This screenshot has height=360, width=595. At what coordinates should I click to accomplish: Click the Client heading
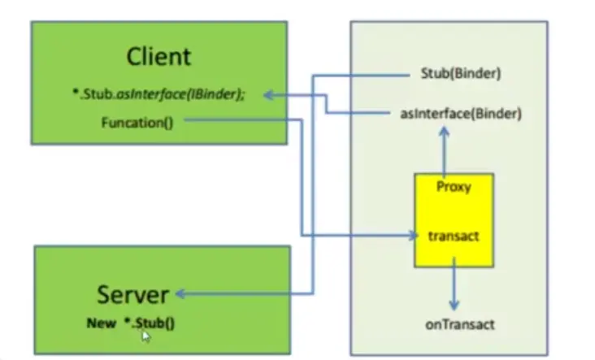[x=159, y=56]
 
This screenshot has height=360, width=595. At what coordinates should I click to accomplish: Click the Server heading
[x=132, y=294]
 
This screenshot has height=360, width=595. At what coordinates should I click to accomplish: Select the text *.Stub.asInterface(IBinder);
[x=158, y=95]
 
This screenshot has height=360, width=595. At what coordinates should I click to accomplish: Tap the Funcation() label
[x=137, y=123]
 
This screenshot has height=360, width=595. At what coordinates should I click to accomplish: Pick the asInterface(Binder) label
[x=461, y=113]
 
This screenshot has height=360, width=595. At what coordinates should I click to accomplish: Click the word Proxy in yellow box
[x=453, y=186]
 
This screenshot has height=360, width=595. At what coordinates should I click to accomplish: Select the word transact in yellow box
[x=453, y=236]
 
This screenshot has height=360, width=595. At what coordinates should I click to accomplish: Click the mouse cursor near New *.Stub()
[x=145, y=334]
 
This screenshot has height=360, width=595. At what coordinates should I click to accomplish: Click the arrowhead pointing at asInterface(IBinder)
[x=268, y=95]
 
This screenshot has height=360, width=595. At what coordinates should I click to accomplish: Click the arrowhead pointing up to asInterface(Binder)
[x=445, y=132]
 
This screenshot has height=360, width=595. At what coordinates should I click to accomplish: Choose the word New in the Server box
[x=102, y=323]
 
